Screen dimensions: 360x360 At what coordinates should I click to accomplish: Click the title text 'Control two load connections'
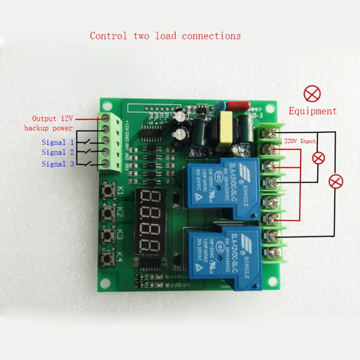coord(165,36)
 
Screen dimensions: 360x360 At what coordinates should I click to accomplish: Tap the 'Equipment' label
coord(312,111)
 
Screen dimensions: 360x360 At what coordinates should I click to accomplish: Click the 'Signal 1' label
coord(58,143)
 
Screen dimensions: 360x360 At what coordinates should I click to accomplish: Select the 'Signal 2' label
coord(58,153)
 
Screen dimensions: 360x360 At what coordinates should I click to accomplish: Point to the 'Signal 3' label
coord(58,164)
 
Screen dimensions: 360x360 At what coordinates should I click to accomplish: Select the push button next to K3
coord(108,235)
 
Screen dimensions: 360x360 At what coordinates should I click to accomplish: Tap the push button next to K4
coord(108,258)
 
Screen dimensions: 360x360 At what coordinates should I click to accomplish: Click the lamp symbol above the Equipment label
coord(312,94)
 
